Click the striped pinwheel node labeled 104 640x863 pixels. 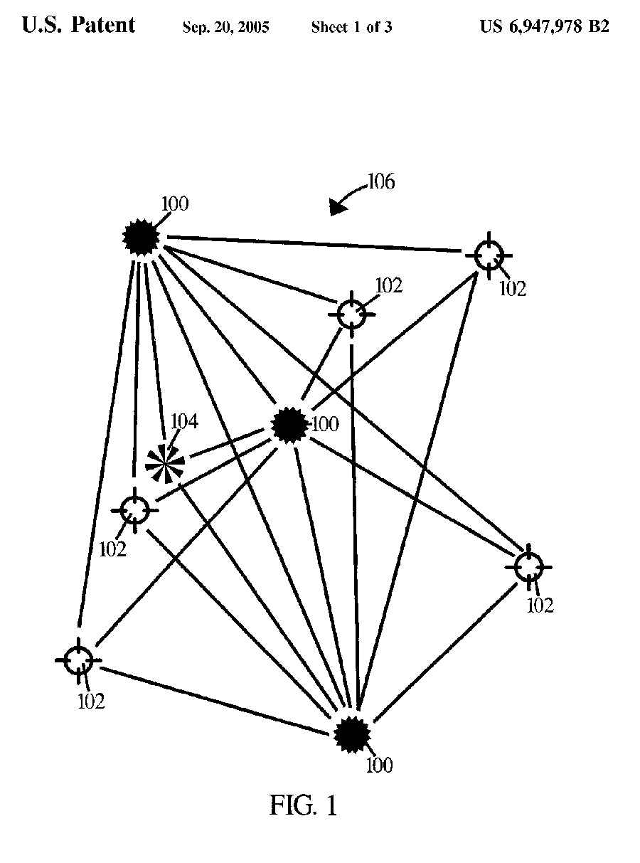click(x=165, y=463)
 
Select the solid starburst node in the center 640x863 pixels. click(x=289, y=425)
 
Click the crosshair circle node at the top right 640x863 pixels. click(x=489, y=254)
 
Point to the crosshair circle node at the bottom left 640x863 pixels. click(x=78, y=660)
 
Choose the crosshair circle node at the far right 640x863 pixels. click(x=528, y=567)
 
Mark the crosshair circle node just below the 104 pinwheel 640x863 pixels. click(x=134, y=509)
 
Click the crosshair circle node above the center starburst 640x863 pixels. click(x=351, y=314)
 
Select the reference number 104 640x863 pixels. click(x=183, y=422)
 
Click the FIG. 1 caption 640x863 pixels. click(x=304, y=805)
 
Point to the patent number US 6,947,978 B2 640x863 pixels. click(x=544, y=27)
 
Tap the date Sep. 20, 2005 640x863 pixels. click(x=225, y=28)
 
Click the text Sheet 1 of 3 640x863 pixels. click(x=351, y=28)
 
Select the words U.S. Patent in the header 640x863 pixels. click(x=78, y=26)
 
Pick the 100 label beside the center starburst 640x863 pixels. click(x=325, y=425)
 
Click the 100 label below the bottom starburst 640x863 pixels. click(x=378, y=766)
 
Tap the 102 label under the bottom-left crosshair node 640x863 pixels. click(x=91, y=701)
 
